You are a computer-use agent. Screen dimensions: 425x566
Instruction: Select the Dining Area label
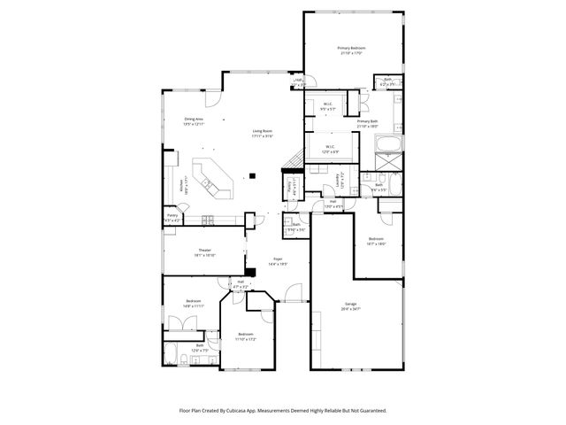[194, 119]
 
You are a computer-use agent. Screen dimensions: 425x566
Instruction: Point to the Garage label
[352, 305]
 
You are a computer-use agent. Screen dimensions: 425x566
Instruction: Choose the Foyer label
[278, 259]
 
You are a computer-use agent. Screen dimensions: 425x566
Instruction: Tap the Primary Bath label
[367, 121]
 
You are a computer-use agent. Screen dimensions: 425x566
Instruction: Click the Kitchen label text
[181, 186]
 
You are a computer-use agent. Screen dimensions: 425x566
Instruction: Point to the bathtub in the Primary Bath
[388, 145]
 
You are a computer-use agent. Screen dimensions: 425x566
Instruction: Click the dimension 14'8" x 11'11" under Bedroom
[194, 306]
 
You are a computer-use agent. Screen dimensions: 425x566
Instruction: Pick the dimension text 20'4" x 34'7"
[352, 309]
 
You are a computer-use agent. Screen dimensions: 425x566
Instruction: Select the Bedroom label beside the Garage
[375, 239]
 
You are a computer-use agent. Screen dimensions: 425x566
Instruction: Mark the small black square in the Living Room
[252, 174]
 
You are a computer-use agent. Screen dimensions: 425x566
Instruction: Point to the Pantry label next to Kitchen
[172, 215]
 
